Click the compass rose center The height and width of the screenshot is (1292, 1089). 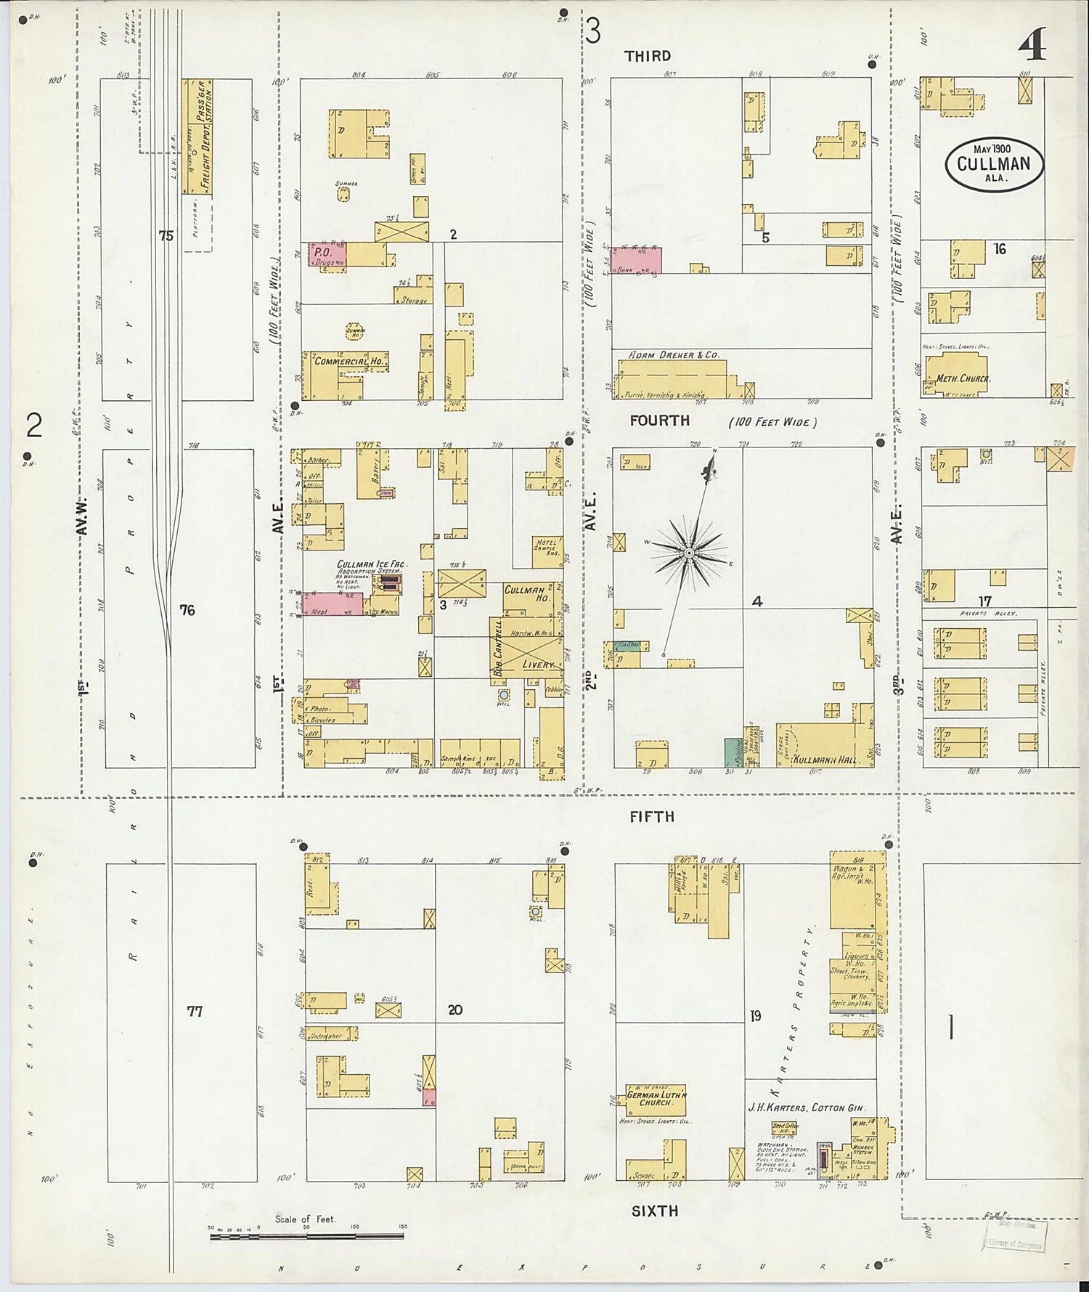click(x=688, y=554)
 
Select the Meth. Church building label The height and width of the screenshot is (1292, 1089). click(x=963, y=378)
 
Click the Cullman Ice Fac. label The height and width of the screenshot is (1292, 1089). click(x=371, y=564)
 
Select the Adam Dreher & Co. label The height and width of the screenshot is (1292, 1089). click(x=673, y=355)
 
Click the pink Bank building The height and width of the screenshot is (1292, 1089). click(x=636, y=260)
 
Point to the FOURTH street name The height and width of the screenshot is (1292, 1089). click(x=659, y=420)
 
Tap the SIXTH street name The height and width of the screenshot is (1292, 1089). click(x=654, y=1211)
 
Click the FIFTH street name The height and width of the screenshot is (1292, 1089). click(x=652, y=816)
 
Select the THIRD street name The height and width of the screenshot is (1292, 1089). click(x=648, y=56)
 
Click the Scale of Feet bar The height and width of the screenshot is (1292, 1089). click(x=306, y=1235)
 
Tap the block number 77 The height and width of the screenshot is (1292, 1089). click(x=195, y=1011)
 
